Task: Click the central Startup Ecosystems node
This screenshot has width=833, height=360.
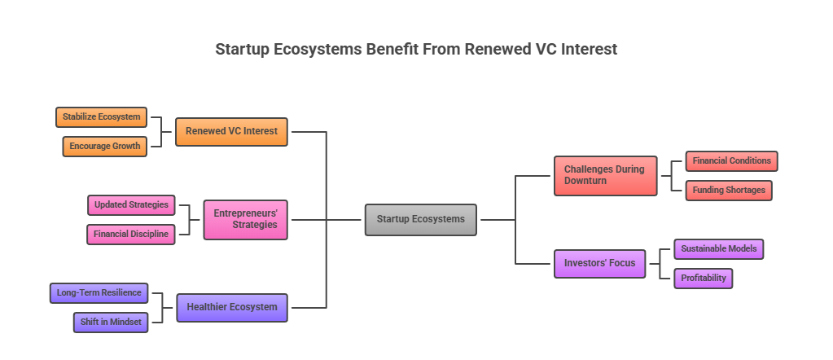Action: [420, 219]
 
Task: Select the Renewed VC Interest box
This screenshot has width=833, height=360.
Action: [231, 131]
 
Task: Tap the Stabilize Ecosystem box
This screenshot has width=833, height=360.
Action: [101, 117]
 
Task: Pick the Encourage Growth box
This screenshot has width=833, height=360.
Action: [104, 147]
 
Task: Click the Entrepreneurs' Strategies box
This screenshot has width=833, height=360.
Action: [245, 219]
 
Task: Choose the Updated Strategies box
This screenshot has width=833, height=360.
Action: [131, 204]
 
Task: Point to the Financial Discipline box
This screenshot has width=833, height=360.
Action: [130, 235]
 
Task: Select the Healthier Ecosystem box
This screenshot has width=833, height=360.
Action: [231, 307]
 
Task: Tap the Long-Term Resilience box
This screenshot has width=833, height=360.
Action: [99, 292]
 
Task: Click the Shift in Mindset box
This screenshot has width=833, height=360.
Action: [111, 322]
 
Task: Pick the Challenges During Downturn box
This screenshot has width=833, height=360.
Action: [605, 175]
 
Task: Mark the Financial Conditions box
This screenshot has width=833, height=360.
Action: [731, 161]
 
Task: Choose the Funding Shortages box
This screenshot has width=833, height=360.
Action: [729, 191]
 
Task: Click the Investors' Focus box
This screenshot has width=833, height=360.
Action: [599, 263]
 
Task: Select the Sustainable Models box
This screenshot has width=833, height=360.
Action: [718, 249]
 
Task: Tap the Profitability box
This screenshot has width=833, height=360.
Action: [703, 279]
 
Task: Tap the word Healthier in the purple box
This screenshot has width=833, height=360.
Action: [208, 307]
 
